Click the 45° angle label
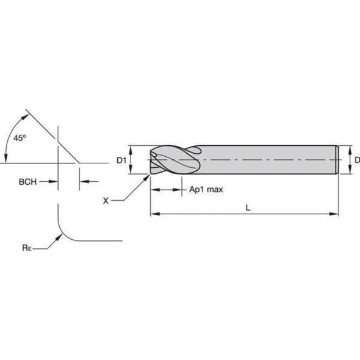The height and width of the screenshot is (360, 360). pos(20,138)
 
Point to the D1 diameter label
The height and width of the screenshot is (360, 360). pos(121,160)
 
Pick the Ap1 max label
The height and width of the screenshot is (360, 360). pos(206,190)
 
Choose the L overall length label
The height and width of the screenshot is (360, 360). pos(247,207)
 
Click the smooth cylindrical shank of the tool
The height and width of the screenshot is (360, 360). pos(268,160)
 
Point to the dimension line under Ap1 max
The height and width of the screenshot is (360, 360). pos(166,190)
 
